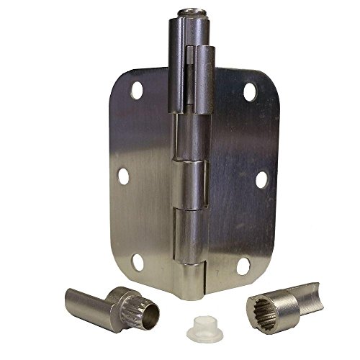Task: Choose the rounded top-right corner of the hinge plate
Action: tap(259, 78)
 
